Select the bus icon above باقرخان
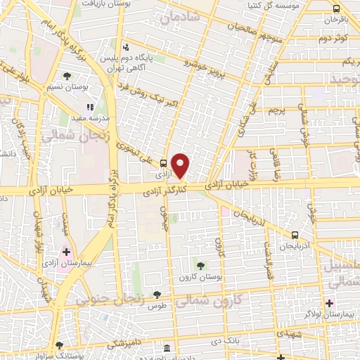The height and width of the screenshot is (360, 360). pyautogui.click(x=336, y=9)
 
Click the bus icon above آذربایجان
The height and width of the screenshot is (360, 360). pyautogui.click(x=295, y=236)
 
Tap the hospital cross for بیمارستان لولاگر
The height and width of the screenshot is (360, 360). pyautogui.click(x=329, y=303)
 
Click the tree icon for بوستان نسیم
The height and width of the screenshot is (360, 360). pyautogui.click(x=67, y=76)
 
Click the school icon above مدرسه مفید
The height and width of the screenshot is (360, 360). pyautogui.click(x=90, y=108)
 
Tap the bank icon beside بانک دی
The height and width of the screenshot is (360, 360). pyautogui.click(x=167, y=349)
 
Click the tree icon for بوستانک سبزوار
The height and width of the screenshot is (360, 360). pyautogui.click(x=59, y=345)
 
